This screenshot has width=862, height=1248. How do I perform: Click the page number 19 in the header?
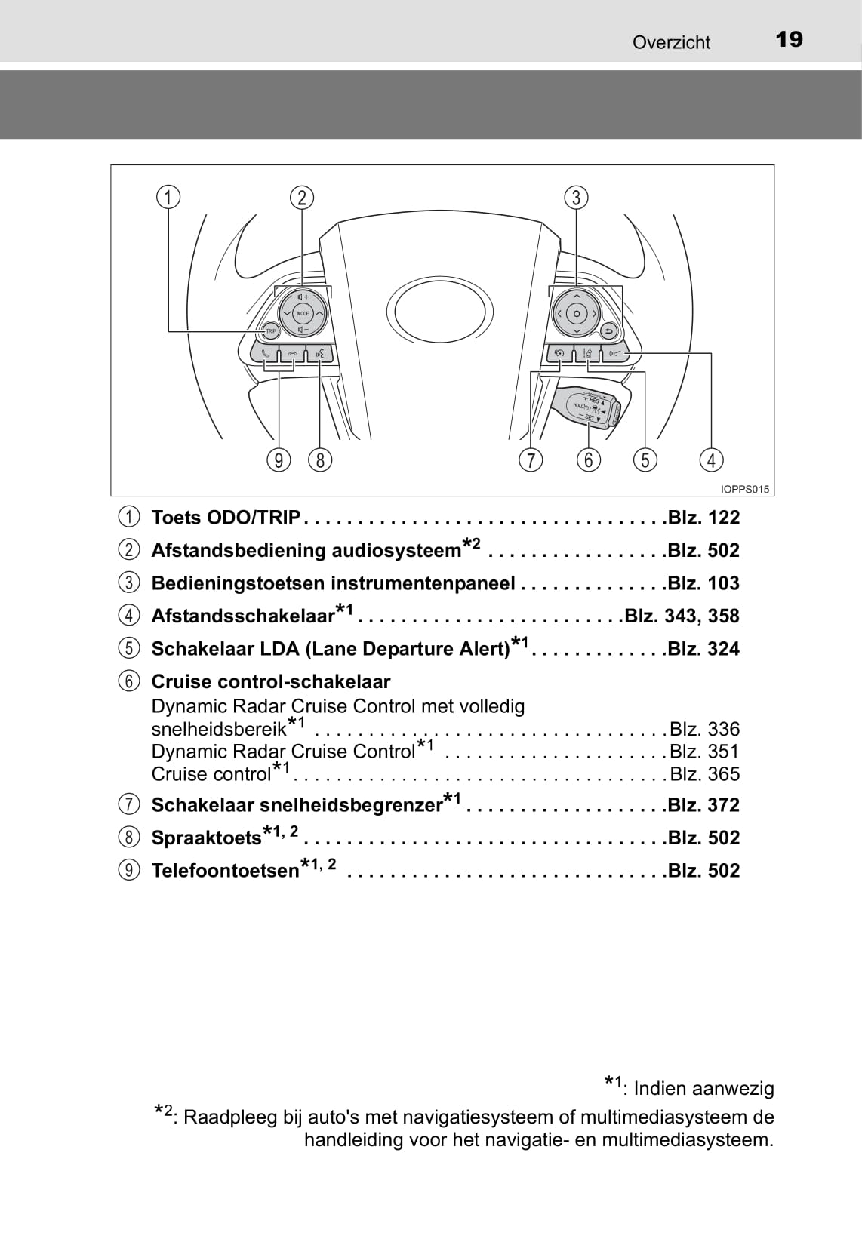(789, 39)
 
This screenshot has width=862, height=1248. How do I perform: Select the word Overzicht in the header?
(671, 42)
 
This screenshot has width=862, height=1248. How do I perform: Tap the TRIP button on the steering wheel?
(270, 330)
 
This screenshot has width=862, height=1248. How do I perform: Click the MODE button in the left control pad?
(303, 313)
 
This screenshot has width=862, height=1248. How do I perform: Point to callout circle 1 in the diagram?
(168, 198)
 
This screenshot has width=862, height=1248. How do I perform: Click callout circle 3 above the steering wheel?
(577, 198)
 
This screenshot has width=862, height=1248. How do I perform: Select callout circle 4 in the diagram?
(711, 460)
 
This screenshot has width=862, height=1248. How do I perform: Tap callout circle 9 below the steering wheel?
(279, 460)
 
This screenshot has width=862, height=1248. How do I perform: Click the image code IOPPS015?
(744, 489)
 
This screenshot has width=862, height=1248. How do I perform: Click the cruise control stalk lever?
(586, 408)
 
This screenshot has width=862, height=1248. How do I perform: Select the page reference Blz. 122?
(703, 518)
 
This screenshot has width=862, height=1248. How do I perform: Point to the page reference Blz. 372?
(703, 805)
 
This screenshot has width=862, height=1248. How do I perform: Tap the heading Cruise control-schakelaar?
(271, 682)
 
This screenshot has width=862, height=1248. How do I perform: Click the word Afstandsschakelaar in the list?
(242, 616)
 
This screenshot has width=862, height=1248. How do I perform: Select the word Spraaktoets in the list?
(206, 838)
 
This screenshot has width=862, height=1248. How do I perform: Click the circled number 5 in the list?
(130, 649)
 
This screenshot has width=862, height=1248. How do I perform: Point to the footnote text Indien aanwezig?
(703, 1089)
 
